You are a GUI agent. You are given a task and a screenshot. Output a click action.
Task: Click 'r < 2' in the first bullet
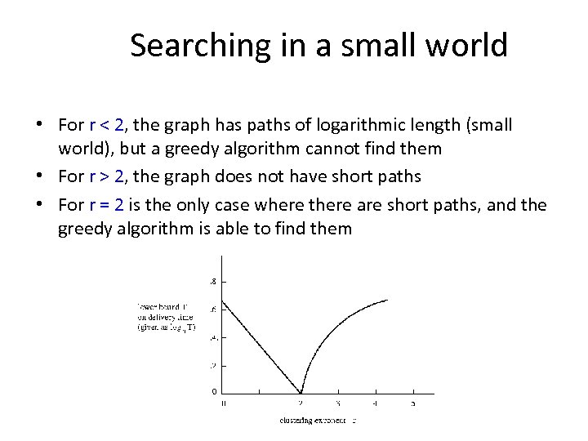point(109,125)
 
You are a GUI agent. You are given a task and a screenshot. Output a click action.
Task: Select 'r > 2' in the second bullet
point(109,176)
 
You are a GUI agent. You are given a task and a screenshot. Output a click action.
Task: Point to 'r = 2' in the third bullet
point(109,203)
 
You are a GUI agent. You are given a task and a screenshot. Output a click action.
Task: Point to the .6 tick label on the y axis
point(212,309)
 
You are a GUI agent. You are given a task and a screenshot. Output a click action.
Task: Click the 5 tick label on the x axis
point(412,403)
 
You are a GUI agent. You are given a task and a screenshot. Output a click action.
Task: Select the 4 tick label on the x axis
point(375,403)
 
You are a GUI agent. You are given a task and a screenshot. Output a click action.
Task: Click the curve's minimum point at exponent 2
point(301,393)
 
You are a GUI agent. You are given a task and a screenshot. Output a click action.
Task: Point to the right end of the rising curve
point(387,300)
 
